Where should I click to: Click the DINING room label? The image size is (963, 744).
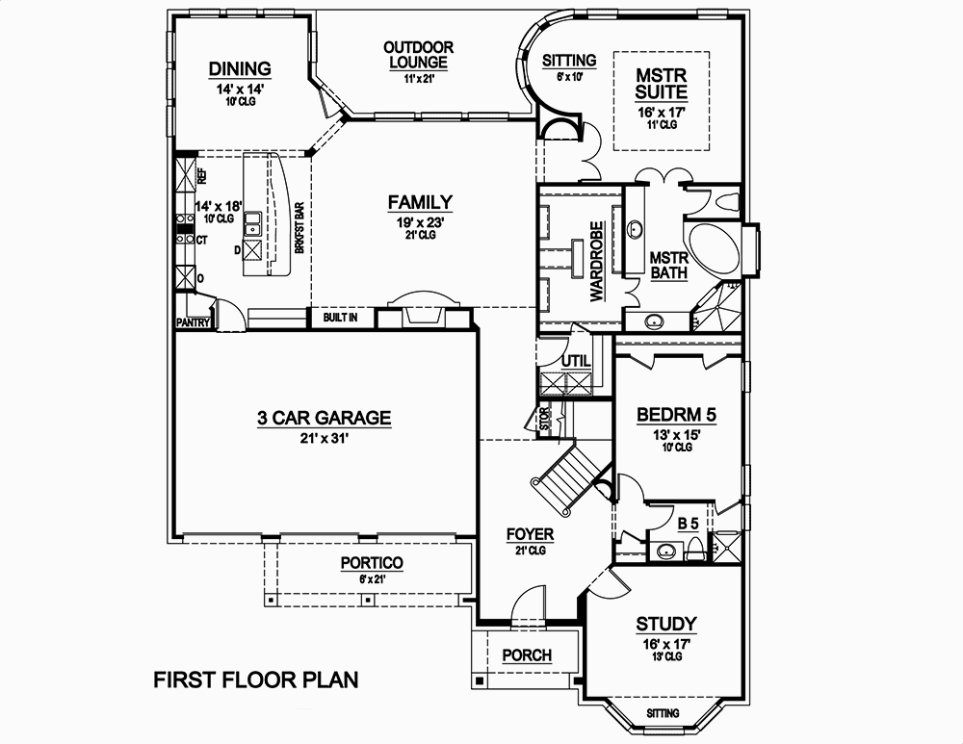pos(240,68)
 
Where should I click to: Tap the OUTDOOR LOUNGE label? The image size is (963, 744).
pos(418,55)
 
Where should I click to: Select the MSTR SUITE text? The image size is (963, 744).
pos(662,84)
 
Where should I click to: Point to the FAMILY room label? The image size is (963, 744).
pos(420,202)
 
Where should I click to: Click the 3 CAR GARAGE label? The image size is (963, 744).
pos(324,418)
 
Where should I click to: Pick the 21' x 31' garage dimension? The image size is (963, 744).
pos(324,438)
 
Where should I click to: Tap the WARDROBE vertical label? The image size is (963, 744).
pos(596,262)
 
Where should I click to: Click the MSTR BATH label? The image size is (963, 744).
pos(668,266)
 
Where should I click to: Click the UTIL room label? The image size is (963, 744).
pos(575,361)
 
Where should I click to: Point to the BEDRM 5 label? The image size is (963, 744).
pos(677,416)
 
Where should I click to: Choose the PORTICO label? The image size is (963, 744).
pos(372,563)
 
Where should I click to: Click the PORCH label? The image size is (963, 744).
pos(528,655)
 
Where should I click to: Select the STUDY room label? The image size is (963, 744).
pos(666,624)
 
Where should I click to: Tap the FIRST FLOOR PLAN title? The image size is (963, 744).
pos(256,680)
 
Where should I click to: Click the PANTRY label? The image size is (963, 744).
pos(193,323)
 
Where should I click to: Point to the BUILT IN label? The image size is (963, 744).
pos(341,317)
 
